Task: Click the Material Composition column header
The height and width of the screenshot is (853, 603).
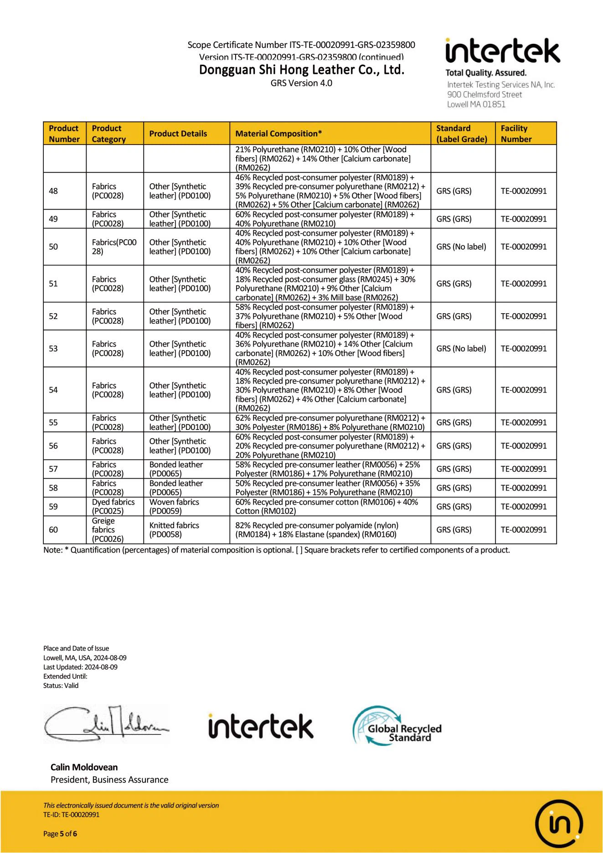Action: [278, 134]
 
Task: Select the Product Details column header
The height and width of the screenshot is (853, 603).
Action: [178, 134]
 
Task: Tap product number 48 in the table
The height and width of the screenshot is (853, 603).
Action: [53, 191]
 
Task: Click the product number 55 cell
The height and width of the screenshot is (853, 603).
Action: [53, 423]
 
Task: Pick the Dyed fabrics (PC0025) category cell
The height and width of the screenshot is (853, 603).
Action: [113, 507]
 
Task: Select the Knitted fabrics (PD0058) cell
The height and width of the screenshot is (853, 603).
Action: [174, 530]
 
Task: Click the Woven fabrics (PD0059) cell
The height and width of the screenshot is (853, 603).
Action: [174, 507]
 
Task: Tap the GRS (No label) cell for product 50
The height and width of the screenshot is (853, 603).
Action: [461, 247]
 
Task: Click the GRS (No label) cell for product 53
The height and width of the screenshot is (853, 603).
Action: [461, 349]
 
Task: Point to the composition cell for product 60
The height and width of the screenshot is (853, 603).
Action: [317, 530]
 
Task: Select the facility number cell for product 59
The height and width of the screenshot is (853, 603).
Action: [524, 507]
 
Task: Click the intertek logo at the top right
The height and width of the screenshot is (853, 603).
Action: [502, 51]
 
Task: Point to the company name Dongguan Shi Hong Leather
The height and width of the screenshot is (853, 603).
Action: [302, 70]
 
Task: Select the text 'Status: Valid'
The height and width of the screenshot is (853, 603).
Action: [61, 686]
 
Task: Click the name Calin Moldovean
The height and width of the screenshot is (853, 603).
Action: [84, 767]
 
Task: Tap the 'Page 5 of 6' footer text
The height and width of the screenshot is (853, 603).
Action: [60, 834]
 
